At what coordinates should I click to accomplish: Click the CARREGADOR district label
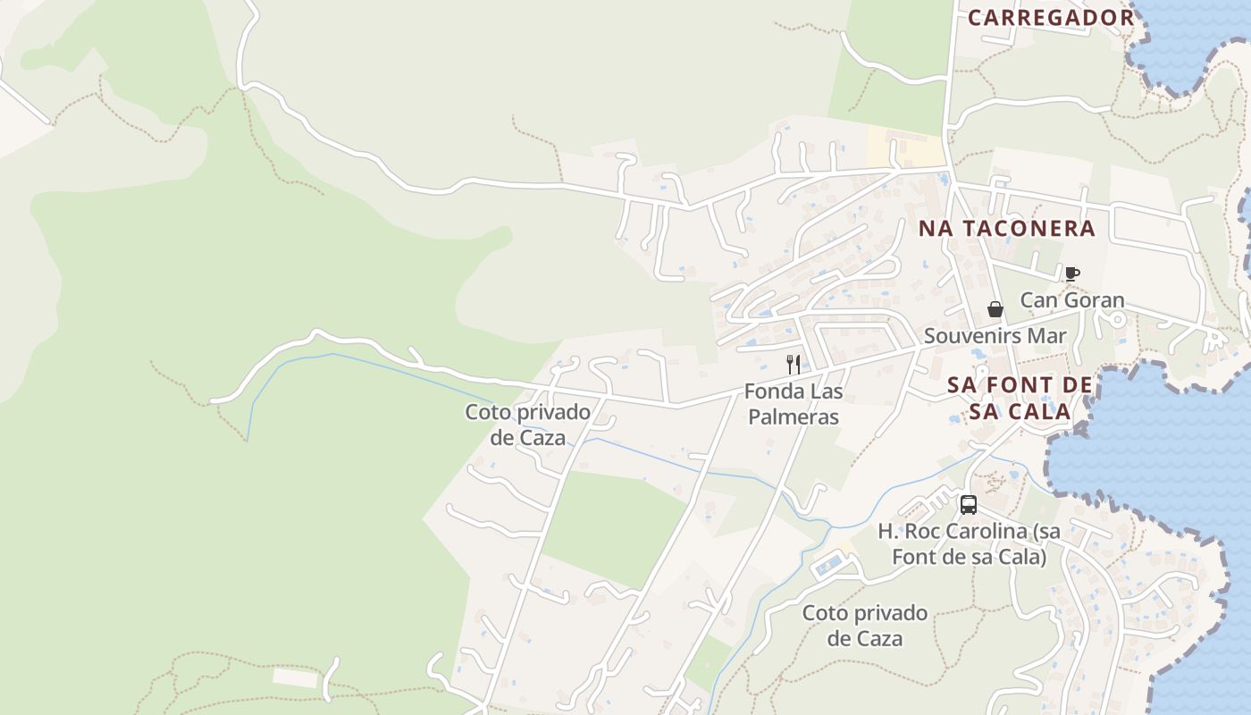pos(1051,18)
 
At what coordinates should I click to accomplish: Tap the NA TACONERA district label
pos(1007,229)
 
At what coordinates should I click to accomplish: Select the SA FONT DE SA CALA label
pos(1020,399)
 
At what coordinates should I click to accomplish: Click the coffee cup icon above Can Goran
pos(1072,273)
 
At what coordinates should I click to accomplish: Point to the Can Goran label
pos(1072,300)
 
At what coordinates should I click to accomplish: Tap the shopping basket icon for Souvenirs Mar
pos(995,309)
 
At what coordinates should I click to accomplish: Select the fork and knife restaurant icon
pos(793,364)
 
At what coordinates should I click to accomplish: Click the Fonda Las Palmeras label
pos(793,404)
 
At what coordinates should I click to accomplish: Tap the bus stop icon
pos(969,505)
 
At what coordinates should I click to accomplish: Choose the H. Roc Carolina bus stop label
pos(969,543)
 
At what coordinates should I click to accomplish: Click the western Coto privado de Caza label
pos(527,425)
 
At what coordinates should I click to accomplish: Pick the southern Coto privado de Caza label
pos(865,626)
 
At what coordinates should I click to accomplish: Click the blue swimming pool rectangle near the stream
pos(829,564)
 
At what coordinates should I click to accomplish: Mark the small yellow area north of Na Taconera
pos(904,147)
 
